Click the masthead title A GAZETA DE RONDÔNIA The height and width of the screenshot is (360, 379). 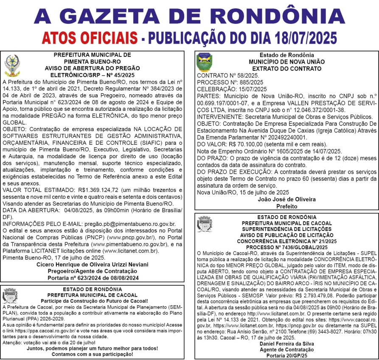[190, 16]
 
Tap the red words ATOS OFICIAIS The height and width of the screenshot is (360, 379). [90, 38]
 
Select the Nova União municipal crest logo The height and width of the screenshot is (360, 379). [202, 63]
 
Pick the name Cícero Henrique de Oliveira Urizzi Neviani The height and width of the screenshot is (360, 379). [93, 264]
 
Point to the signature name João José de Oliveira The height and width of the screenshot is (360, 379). [286, 199]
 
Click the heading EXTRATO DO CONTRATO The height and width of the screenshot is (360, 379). [287, 68]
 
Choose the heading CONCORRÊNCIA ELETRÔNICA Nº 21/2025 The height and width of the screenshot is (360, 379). [287, 241]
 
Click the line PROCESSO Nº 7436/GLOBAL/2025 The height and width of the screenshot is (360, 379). [287, 247]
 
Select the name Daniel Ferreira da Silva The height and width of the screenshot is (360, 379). [287, 343]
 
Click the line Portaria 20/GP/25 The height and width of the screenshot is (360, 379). [287, 355]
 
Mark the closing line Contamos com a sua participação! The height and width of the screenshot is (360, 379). [93, 354]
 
